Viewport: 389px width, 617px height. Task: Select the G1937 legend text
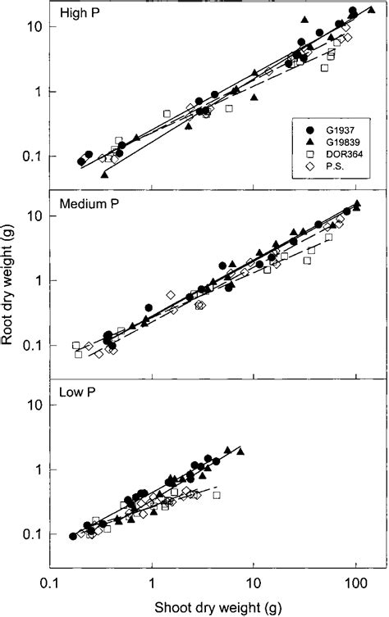pos(333,130)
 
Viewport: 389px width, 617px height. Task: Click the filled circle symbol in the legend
pos(306,130)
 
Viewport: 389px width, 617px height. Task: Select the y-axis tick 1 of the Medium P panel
pos(37,281)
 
